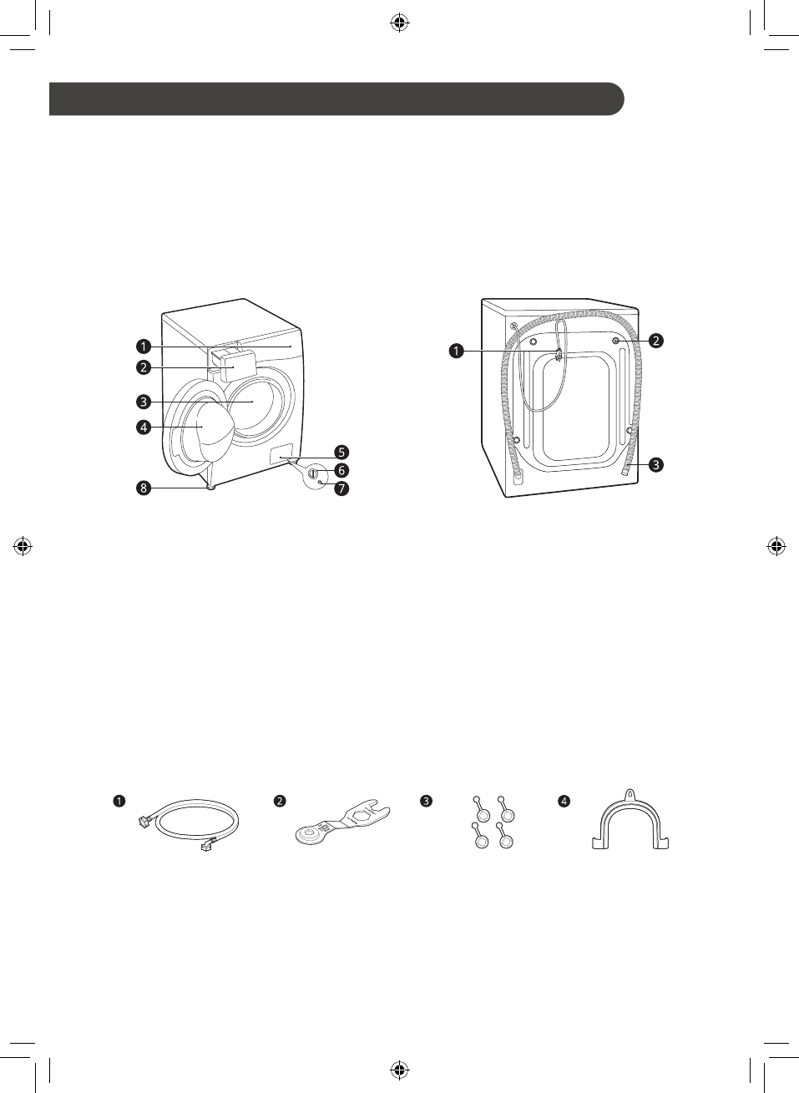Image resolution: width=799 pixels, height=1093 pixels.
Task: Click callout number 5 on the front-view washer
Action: pos(341,453)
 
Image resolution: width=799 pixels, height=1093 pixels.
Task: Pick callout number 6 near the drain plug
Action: pos(341,470)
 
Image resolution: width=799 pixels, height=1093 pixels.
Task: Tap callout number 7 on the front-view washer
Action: pos(341,488)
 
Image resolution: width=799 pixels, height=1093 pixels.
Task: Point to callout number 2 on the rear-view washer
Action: pos(656,340)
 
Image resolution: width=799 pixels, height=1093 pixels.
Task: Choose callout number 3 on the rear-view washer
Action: pos(656,464)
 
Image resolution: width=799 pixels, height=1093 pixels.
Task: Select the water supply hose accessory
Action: pos(188,827)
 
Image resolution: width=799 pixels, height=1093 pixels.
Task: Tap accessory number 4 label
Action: pos(564,801)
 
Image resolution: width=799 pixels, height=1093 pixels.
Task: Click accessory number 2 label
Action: pos(281,801)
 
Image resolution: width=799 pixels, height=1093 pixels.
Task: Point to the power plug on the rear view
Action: pos(558,357)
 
